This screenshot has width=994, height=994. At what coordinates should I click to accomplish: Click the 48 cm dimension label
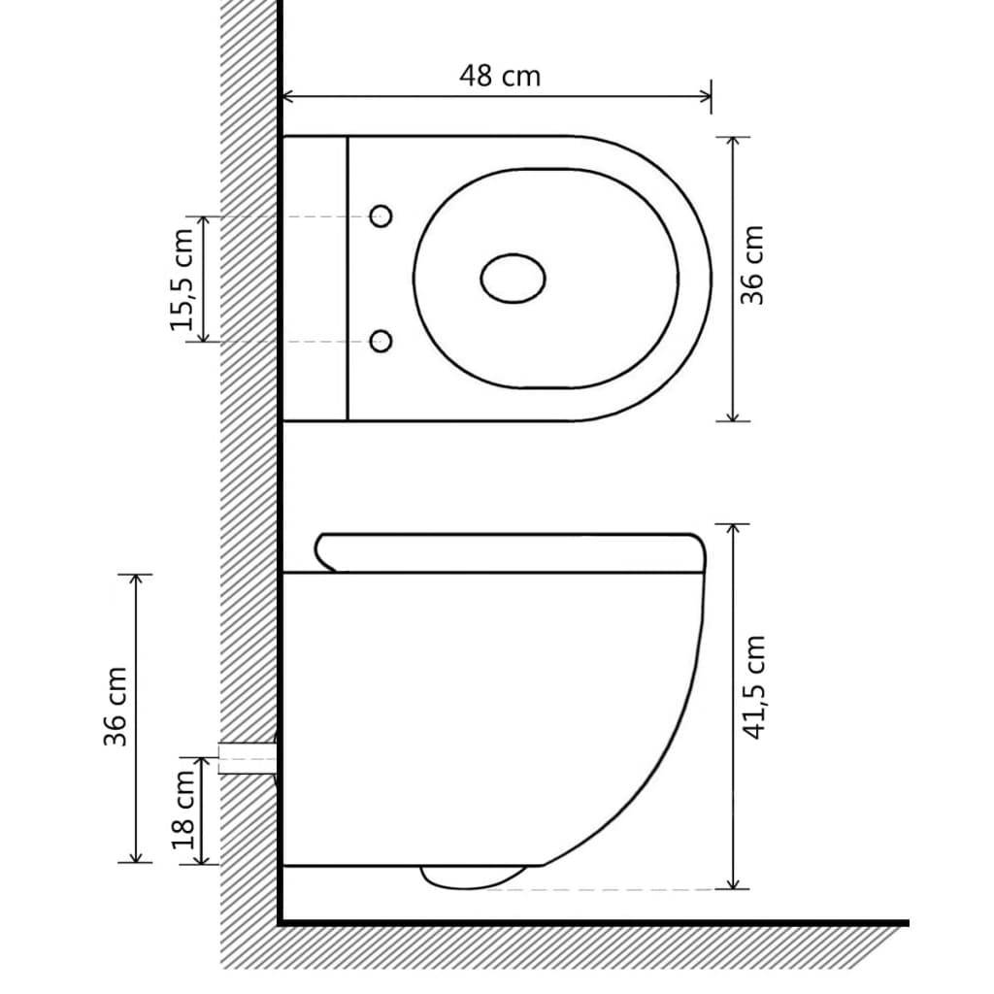pyautogui.click(x=499, y=76)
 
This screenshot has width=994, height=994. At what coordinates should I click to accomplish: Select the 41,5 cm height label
pyautogui.click(x=754, y=688)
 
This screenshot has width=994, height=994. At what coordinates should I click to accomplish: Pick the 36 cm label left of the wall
pyautogui.click(x=116, y=719)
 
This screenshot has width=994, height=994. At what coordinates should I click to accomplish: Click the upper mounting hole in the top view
pyautogui.click(x=381, y=216)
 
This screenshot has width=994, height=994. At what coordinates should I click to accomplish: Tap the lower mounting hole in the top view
pyautogui.click(x=381, y=341)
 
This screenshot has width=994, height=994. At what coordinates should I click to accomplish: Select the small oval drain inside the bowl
pyautogui.click(x=513, y=279)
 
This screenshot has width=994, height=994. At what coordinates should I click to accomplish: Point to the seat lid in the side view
pyautogui.click(x=510, y=551)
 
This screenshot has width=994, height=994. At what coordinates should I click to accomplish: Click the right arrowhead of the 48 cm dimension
pyautogui.click(x=706, y=96)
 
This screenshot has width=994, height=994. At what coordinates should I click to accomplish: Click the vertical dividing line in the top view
pyautogui.click(x=347, y=279)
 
